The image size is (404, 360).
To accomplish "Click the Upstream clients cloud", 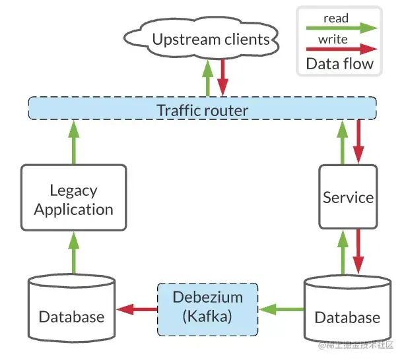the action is click(201, 39).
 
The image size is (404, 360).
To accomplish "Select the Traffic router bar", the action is click(202, 108).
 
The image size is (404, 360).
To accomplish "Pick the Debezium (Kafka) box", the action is click(208, 309).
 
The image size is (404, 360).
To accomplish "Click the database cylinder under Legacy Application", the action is click(72, 308).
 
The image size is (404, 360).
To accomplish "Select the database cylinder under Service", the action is click(348, 309).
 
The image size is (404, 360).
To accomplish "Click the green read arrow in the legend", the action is click(342, 28).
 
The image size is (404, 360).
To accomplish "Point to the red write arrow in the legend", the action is click(342, 49).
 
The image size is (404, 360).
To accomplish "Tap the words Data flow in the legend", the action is click(339, 63).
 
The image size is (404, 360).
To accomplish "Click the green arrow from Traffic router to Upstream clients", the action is click(208, 78).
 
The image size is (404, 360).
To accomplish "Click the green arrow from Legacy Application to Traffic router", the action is click(74, 142).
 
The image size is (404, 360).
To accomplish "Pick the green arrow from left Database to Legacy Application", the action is click(74, 253).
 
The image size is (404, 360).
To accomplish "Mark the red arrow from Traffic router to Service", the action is click(358, 142).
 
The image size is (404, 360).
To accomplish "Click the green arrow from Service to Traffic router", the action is click(343, 142).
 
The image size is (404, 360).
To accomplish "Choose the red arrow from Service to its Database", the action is click(358, 252).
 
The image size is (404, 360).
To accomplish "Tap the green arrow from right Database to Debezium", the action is click(281, 309).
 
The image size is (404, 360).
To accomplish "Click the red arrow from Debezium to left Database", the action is click(137, 309).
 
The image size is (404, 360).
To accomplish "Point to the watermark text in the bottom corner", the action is click(356, 345).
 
